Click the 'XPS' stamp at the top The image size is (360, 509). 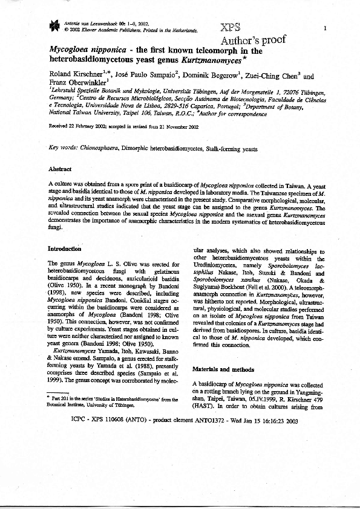(231, 29)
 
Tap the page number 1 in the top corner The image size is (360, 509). (326, 28)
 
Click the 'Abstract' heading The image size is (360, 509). (59, 169)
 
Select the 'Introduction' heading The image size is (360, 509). (64, 248)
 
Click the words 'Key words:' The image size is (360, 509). (61, 148)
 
